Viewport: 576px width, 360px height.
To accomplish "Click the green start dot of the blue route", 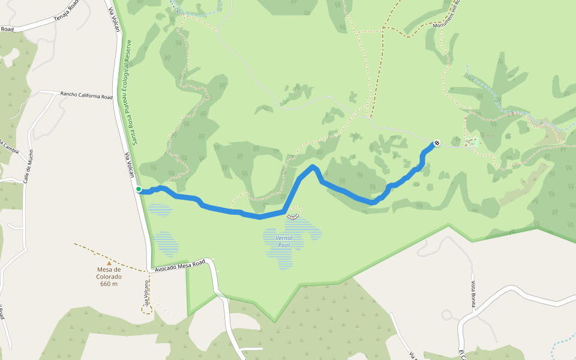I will click(139, 189).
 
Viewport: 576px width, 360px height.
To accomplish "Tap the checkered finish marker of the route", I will click(437, 143).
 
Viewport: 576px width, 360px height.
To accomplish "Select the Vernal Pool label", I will click(283, 241).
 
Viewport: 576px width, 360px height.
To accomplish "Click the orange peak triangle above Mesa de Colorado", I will click(109, 262).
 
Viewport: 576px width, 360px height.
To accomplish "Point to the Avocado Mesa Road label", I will click(180, 265).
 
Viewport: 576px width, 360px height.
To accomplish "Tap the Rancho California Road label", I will click(86, 95).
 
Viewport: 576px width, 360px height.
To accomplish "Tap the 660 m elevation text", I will click(109, 284).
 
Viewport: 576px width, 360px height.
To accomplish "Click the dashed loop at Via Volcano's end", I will click(146, 308).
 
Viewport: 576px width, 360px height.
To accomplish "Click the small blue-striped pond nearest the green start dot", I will click(160, 209).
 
